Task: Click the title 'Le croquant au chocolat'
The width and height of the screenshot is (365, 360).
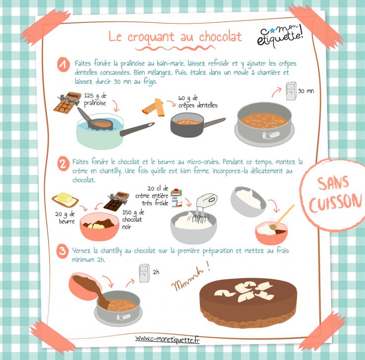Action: tap(175, 37)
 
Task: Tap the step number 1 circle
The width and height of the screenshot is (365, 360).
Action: tap(63, 65)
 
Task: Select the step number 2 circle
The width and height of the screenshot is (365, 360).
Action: tap(63, 164)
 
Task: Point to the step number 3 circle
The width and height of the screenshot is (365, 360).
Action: tap(62, 251)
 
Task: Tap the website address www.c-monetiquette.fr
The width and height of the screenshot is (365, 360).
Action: tap(167, 339)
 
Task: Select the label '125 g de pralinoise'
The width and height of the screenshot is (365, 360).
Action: tap(95, 99)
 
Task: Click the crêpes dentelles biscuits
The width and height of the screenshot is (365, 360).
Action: tap(154, 107)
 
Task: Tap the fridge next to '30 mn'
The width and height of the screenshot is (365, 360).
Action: tap(291, 91)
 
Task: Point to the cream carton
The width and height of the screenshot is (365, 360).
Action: tap(177, 198)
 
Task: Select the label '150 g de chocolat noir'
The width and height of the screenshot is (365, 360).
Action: tap(133, 219)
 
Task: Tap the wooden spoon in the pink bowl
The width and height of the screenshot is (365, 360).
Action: tap(281, 217)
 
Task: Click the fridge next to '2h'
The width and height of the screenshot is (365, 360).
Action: tap(144, 273)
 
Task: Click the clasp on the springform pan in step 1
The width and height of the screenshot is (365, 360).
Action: tap(271, 135)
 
